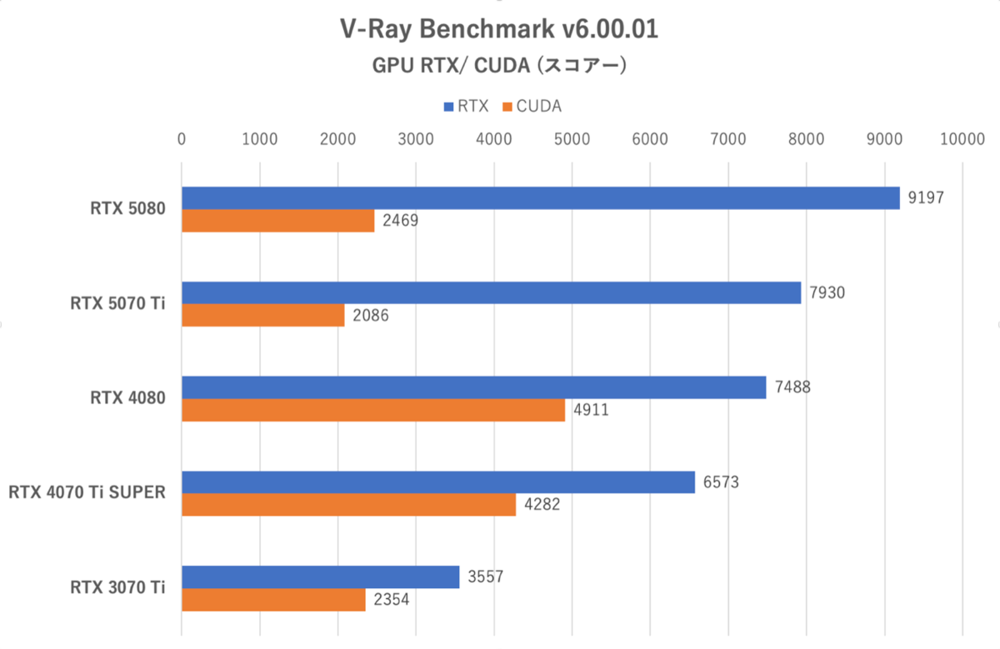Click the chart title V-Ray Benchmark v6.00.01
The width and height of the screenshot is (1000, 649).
(x=499, y=29)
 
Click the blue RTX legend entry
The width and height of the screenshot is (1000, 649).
(x=466, y=106)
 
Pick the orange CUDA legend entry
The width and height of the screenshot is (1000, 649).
(x=532, y=106)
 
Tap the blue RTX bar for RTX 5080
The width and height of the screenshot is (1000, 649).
(x=540, y=197)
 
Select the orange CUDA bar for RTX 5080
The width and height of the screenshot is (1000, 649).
(x=277, y=220)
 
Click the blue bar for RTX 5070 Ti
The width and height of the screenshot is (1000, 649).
(x=491, y=292)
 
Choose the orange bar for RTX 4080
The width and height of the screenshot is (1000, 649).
(x=373, y=410)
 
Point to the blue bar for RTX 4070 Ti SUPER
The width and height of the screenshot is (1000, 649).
(x=437, y=482)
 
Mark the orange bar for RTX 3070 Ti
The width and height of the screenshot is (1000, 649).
(x=273, y=600)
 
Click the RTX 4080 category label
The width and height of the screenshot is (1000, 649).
(x=127, y=398)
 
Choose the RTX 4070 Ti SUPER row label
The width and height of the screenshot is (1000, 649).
(x=87, y=492)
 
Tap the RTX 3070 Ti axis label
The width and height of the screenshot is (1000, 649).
(x=117, y=587)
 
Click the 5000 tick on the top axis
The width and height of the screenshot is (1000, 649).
(x=572, y=138)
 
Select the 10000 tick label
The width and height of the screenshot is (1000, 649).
(x=962, y=138)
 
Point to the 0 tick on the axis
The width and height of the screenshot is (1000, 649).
(x=182, y=138)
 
